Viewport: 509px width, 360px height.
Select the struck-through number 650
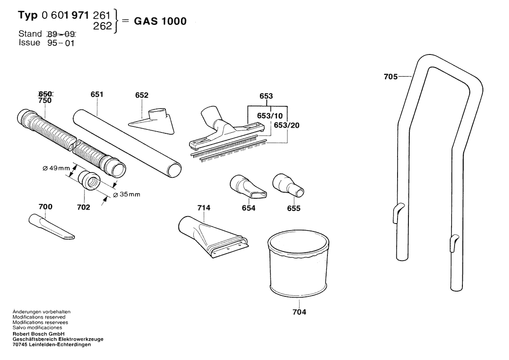point(45,94)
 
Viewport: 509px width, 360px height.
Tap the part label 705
point(391,77)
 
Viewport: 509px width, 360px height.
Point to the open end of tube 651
point(175,169)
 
